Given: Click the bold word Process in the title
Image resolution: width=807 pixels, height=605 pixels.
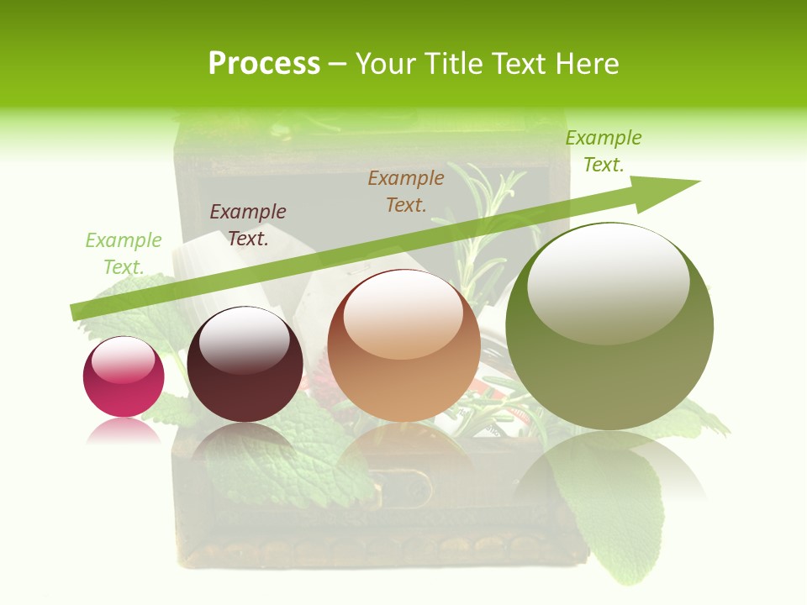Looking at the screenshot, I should [x=264, y=64].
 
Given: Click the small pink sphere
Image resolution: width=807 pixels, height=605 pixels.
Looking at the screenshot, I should [x=124, y=376].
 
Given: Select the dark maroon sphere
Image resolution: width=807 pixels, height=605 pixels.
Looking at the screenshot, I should [x=245, y=364].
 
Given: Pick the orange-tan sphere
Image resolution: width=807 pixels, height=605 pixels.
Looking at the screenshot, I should [x=403, y=345].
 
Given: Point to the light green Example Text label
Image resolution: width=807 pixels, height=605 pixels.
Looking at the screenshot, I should [x=124, y=253].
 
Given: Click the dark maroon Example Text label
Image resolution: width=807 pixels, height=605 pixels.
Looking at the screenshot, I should [x=248, y=224].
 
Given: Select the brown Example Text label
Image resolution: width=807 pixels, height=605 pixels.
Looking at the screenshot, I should [x=406, y=191].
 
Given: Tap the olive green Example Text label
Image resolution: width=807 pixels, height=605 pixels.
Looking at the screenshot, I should [x=604, y=151].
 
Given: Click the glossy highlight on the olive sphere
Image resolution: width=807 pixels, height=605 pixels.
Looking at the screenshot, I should [x=608, y=281].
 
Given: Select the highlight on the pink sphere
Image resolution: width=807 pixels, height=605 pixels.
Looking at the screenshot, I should [x=123, y=360].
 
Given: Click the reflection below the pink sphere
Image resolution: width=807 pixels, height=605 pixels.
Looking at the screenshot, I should [x=124, y=431].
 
